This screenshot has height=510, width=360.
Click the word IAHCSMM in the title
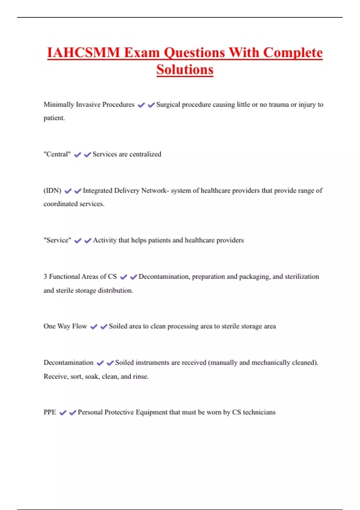click(x=83, y=53)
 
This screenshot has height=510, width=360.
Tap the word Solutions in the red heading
click(x=185, y=70)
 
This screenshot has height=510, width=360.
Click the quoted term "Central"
click(x=57, y=154)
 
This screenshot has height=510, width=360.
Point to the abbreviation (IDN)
click(x=52, y=190)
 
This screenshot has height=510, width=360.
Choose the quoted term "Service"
click(x=57, y=240)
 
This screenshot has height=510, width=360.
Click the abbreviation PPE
click(x=50, y=412)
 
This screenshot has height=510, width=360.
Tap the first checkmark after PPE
click(x=63, y=413)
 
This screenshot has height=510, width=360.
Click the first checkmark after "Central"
click(x=77, y=155)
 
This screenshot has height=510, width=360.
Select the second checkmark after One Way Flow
click(x=103, y=327)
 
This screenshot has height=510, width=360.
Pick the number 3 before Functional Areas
click(x=45, y=277)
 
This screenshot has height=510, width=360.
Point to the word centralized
click(x=145, y=154)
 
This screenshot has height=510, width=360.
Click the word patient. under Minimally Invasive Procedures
click(x=54, y=118)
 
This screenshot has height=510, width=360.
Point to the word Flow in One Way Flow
click(x=79, y=326)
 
